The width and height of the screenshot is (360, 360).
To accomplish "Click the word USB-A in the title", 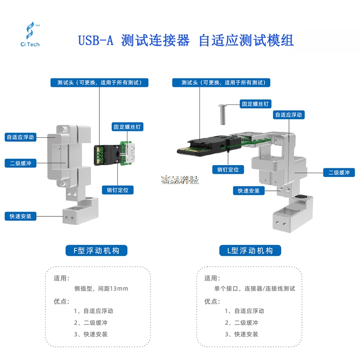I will pos(95,40).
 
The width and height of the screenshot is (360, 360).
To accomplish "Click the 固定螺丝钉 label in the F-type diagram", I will pos(127,127).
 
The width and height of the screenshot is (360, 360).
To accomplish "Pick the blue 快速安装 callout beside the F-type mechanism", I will pos(20,216).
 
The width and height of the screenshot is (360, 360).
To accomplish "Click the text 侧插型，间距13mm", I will pos(101,288).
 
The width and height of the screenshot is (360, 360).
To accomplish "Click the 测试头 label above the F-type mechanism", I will pos(99,83).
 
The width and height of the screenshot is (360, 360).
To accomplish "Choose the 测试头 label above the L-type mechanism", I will pos(221,83).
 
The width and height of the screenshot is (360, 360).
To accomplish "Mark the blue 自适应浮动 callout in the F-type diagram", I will pos(20,137).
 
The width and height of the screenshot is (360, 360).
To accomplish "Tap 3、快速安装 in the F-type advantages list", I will pos(91,334).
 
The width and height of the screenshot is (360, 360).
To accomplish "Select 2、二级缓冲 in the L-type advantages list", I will pos(242,323).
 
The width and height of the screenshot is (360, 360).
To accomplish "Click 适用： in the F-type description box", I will pos(62,278).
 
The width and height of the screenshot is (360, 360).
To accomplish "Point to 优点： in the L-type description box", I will pos(212,301).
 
